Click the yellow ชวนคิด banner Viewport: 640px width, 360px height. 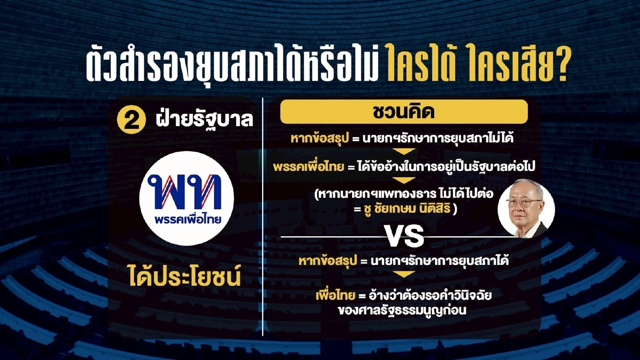(x=404, y=111)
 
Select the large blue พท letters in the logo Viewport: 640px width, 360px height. (x=187, y=191)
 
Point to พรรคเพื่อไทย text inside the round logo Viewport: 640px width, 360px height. (x=188, y=219)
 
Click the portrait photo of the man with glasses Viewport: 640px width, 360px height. (x=526, y=208)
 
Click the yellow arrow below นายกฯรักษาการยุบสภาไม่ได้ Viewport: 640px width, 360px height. (x=404, y=151)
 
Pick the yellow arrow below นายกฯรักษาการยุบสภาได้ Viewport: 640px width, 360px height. (x=404, y=274)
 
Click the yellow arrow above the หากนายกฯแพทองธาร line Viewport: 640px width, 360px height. (x=404, y=180)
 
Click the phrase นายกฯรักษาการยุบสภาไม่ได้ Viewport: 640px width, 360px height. (x=438, y=138)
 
